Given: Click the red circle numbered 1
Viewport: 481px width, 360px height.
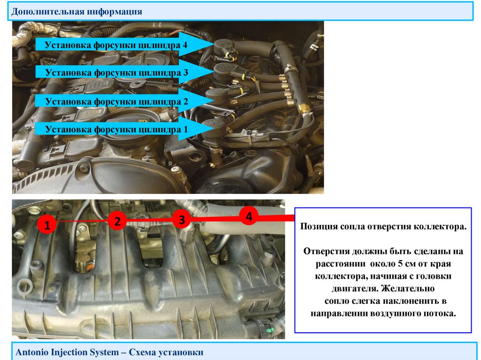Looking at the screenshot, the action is click(47, 225).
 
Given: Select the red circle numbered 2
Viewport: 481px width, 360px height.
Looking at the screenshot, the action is click(117, 221).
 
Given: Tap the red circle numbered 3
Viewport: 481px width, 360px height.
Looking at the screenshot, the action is click(182, 219).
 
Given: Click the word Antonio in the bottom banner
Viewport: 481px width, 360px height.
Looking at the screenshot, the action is click(33, 352).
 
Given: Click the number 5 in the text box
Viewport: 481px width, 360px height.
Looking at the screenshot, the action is click(400, 264).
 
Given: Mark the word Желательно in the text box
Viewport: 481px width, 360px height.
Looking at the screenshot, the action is click(408, 289).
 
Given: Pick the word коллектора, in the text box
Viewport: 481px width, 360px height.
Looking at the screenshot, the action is click(341, 276).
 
